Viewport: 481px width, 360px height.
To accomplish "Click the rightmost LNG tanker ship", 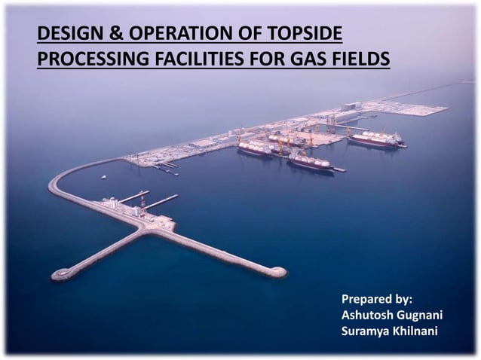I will [x=376, y=139].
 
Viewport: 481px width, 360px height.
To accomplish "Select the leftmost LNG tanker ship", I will [x=255, y=148].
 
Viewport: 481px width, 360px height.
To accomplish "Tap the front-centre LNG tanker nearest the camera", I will [x=309, y=162].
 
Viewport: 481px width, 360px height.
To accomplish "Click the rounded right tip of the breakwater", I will [x=277, y=272].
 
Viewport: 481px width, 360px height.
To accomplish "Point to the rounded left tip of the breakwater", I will [x=58, y=275].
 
